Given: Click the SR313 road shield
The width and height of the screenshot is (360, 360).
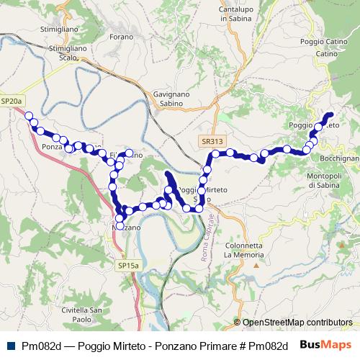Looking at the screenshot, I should coord(212,142).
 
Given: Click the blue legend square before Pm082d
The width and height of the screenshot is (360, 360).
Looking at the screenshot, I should coord(8,345).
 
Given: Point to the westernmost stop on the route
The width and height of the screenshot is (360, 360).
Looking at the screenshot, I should coord(29,115).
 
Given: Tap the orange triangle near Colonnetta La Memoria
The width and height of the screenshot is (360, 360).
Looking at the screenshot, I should coord(256,266).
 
